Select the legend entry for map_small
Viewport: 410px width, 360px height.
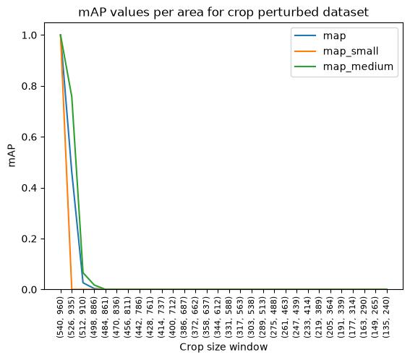pos(336,51)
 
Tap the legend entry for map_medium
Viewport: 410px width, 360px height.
pos(344,67)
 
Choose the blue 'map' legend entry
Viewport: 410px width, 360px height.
pos(320,36)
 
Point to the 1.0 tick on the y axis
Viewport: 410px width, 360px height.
pos(29,35)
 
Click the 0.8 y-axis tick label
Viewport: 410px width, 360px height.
pos(29,86)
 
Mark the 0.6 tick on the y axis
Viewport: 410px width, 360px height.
pos(29,137)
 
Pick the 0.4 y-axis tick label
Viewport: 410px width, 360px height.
pos(29,188)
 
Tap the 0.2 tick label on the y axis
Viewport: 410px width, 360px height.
pos(29,239)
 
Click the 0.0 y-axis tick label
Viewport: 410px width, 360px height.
pos(29,290)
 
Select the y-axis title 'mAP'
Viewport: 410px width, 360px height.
pos(12,156)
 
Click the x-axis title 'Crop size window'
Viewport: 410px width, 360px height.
pos(223,347)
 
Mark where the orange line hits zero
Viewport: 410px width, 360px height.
pos(72,289)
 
